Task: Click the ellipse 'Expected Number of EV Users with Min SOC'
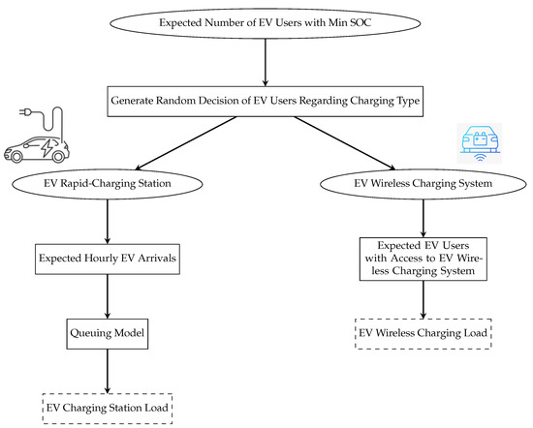(266, 22)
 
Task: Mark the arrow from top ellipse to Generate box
(266, 63)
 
